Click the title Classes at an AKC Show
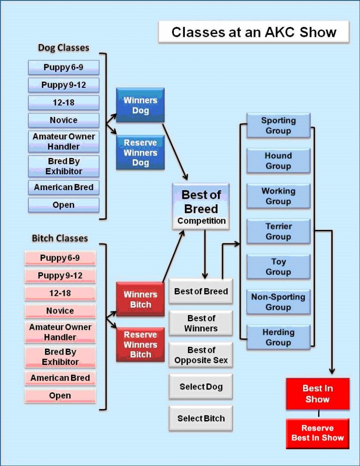254,32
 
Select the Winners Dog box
140,105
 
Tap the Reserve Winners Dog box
140,152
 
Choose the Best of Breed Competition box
201,207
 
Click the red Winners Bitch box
140,299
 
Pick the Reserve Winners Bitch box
140,344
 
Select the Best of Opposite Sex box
201,355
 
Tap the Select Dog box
201,387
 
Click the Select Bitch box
201,418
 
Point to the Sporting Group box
278,126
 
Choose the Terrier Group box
278,231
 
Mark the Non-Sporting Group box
278,302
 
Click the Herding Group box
278,337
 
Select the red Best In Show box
317,394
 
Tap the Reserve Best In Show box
317,433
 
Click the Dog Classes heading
63,48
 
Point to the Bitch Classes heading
60,238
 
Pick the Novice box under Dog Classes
63,120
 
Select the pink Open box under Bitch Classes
60,395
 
